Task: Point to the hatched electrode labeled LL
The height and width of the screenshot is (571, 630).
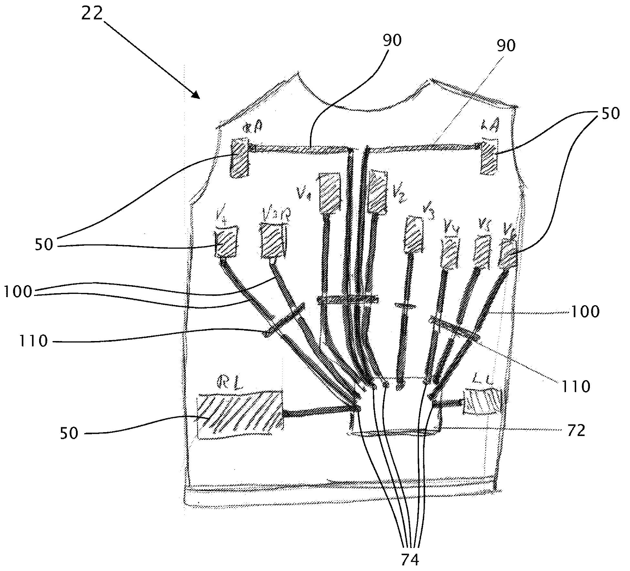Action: [x=483, y=401]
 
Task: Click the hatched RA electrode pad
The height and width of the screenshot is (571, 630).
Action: [x=240, y=157]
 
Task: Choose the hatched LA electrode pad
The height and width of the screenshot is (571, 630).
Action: [x=489, y=156]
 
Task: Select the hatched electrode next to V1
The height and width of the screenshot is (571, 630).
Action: [x=330, y=193]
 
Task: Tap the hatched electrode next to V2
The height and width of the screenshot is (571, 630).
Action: [x=378, y=192]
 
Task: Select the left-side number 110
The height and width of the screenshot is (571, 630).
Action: [x=33, y=341]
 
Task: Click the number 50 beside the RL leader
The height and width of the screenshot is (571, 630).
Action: [x=69, y=433]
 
